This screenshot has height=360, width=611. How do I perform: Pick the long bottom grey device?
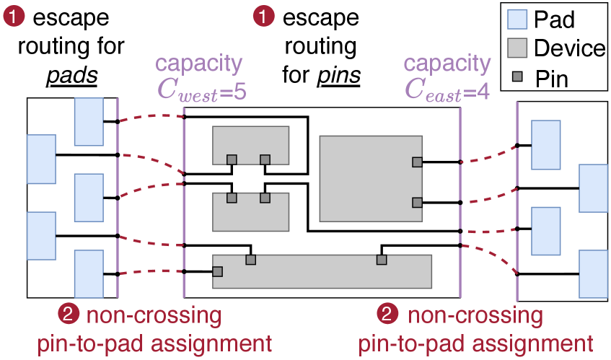tap(322, 271)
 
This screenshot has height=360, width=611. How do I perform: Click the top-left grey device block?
tap(250, 144)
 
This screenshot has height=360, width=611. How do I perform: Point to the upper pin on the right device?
tap(417, 162)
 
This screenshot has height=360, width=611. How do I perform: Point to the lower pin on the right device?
tap(417, 203)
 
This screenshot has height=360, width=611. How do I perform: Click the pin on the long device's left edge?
tap(217, 272)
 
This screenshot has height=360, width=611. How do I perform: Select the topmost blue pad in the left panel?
tap(89, 121)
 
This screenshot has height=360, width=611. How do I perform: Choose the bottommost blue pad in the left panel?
tap(89, 274)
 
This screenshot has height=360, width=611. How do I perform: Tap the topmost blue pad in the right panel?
tap(546, 144)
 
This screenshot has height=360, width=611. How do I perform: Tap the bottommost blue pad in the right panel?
tap(594, 273)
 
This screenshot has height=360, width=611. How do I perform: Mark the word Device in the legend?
tap(570, 49)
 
